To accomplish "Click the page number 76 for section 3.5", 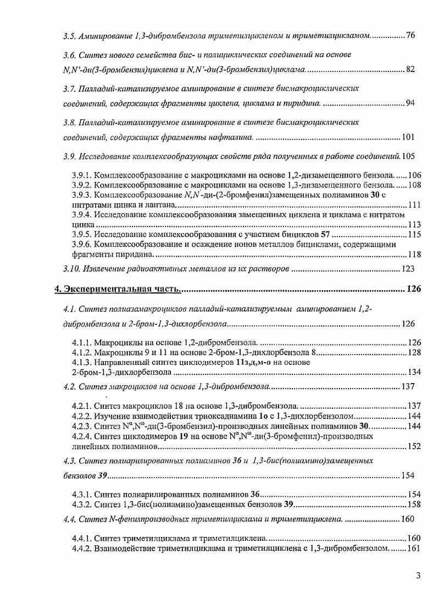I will coord(410,36).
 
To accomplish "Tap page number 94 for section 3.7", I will coord(410,104).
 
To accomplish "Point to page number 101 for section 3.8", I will coord(408,137).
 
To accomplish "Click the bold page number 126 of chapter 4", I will coord(413,290).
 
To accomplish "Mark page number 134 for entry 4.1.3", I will coord(414,372).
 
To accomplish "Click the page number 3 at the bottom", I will coord(418,576).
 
